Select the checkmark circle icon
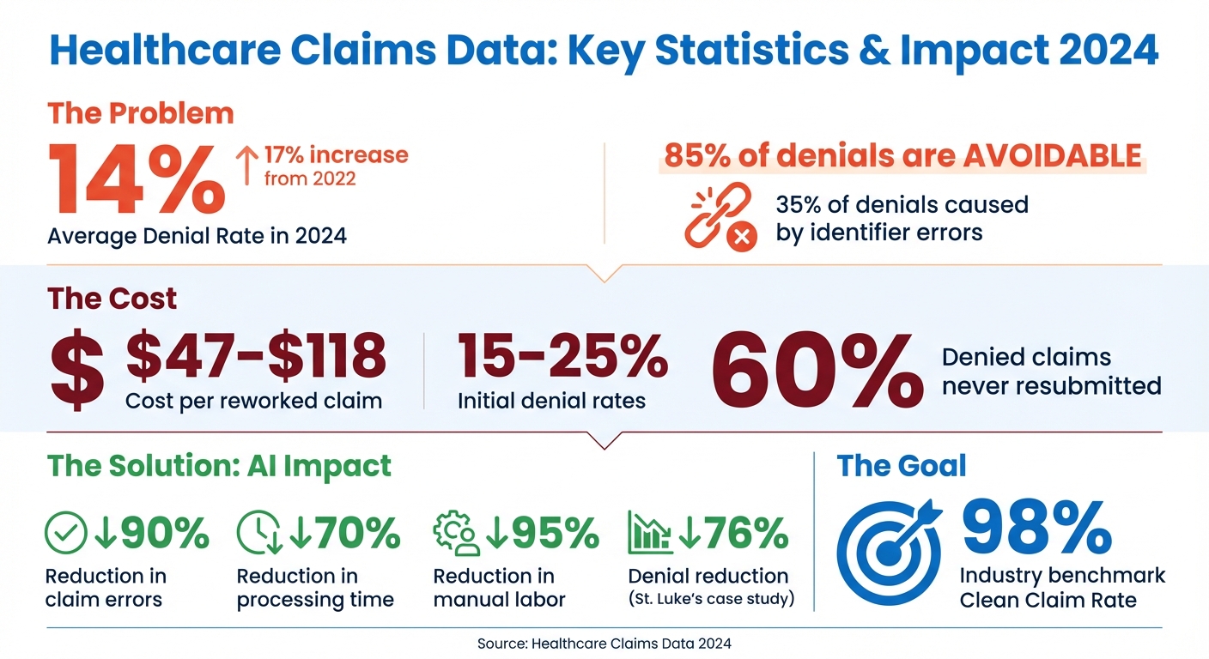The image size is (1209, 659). (x=66, y=534)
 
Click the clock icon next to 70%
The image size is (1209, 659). (x=258, y=534)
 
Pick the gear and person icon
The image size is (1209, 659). (x=456, y=534)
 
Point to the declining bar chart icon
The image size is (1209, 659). (x=650, y=534)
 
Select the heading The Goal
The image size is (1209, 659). (x=901, y=466)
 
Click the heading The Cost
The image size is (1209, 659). (x=112, y=299)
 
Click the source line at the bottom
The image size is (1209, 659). (x=604, y=642)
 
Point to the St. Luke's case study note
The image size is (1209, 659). (x=711, y=599)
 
